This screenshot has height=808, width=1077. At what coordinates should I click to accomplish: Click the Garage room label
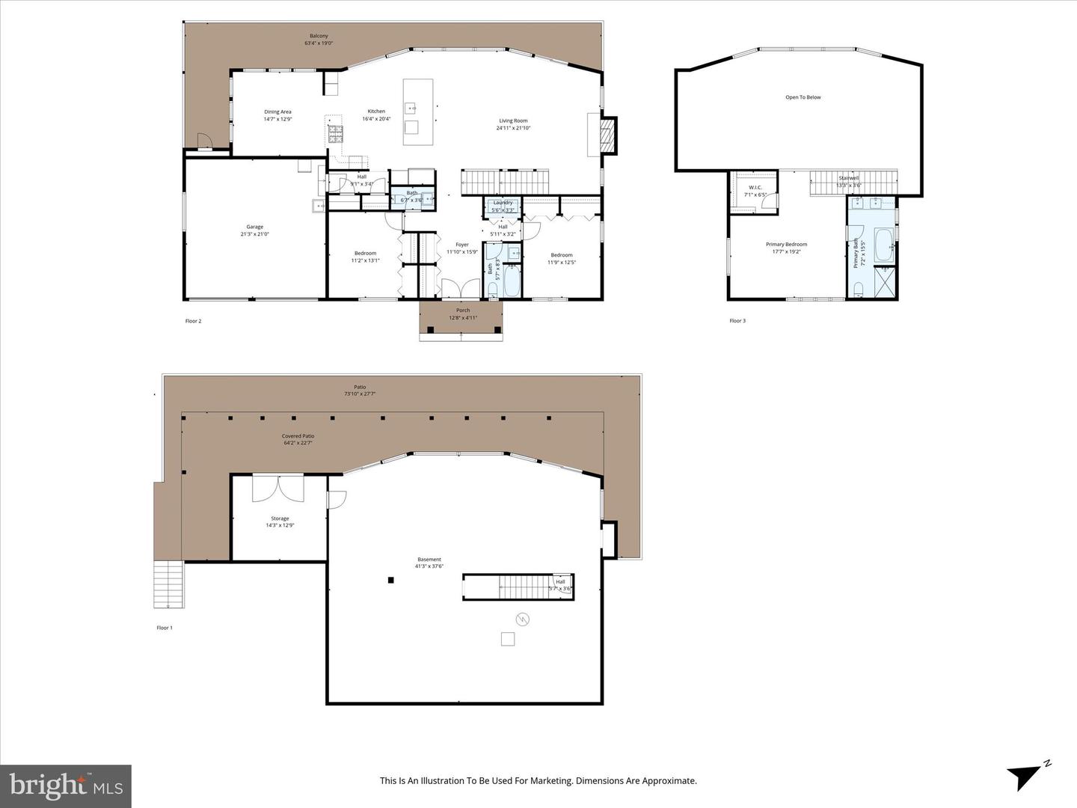pyautogui.click(x=255, y=227)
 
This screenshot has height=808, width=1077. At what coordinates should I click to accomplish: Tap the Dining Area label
pyautogui.click(x=277, y=111)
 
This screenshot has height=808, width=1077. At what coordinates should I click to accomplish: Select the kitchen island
pyautogui.click(x=412, y=112)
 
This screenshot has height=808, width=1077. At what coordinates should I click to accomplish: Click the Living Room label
pyautogui.click(x=513, y=120)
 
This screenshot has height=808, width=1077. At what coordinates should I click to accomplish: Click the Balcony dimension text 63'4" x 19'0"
pyautogui.click(x=319, y=43)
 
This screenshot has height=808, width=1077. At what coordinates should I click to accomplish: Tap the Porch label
pyautogui.click(x=463, y=310)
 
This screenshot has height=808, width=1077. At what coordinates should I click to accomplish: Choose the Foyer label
pyautogui.click(x=462, y=245)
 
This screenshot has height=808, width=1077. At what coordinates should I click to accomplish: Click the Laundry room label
pyautogui.click(x=503, y=203)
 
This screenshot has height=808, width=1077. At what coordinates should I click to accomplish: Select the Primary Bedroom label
pyautogui.click(x=786, y=245)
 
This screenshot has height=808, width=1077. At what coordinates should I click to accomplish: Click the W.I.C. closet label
pyautogui.click(x=755, y=188)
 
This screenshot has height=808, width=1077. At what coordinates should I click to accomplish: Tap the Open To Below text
pyautogui.click(x=803, y=97)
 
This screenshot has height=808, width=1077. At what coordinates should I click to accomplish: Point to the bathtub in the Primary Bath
pyautogui.click(x=884, y=246)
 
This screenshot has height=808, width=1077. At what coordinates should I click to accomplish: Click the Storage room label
pyautogui.click(x=280, y=518)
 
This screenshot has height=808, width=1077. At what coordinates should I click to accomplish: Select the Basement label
pyautogui.click(x=429, y=560)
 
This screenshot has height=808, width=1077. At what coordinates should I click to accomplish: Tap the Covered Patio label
pyautogui.click(x=298, y=436)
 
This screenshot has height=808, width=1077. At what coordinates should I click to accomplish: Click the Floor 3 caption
pyautogui.click(x=737, y=321)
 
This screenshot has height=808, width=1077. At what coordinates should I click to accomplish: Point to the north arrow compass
pyautogui.click(x=1026, y=776)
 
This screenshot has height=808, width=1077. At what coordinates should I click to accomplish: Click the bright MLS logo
pyautogui.click(x=66, y=786)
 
